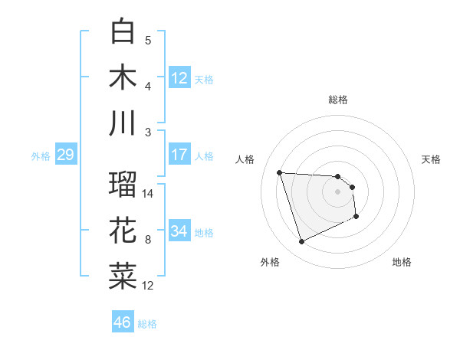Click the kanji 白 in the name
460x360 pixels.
click(123, 31)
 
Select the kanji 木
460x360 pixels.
click(123, 77)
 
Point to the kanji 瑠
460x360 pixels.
click(123, 185)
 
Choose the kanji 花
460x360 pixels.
click(123, 231)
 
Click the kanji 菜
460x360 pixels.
click(123, 277)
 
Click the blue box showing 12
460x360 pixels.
click(179, 77)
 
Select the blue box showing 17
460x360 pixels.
click(179, 155)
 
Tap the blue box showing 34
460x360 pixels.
click(179, 231)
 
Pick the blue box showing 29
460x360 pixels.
click(65, 155)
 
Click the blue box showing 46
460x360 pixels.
click(122, 322)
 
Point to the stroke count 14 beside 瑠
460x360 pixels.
click(149, 193)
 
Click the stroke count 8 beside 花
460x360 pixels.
click(149, 240)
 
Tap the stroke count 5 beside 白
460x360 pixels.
click(149, 40)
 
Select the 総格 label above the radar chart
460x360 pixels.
click(338, 100)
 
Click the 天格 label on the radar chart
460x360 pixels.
click(432, 159)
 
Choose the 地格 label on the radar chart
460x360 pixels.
click(402, 262)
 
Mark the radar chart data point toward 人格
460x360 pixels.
click(280, 172)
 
